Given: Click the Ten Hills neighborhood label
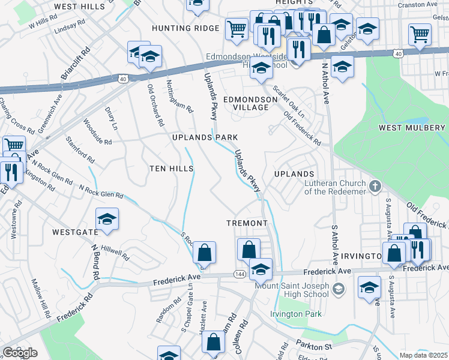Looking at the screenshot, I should tap(171, 169).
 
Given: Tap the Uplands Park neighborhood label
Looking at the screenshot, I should tap(205, 137).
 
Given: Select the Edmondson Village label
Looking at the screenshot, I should tap(246, 103).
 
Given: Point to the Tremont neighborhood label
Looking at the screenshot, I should tap(247, 223).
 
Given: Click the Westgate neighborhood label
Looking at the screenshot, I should tap(75, 232).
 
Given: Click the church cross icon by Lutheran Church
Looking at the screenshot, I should tap(375, 185).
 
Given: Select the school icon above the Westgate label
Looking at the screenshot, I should tap(107, 219).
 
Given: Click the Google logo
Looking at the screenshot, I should tap(20, 352).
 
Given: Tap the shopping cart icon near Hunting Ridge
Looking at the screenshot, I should tap(237, 28).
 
